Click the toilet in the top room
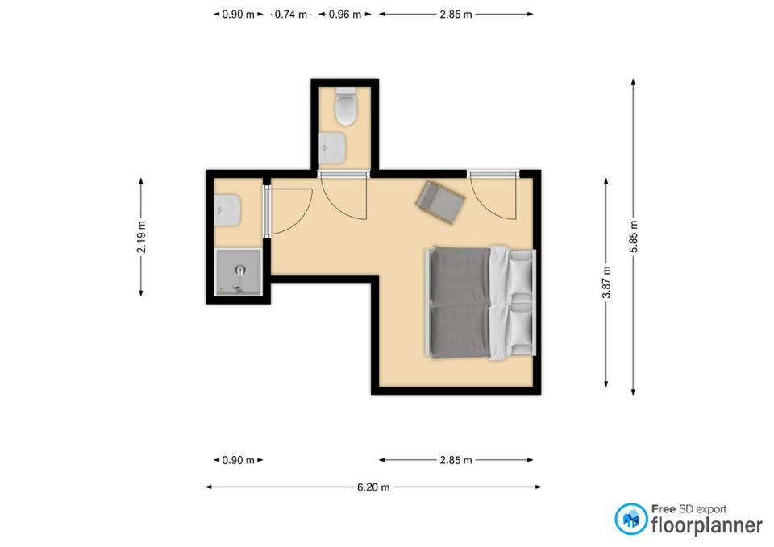click(346, 106)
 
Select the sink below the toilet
click(333, 148)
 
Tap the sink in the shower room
click(227, 210)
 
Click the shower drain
click(240, 270)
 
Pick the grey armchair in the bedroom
click(440, 202)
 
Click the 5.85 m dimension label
click(634, 237)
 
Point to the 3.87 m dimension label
click(606, 283)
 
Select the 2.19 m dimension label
click(142, 237)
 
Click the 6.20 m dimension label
click(373, 487)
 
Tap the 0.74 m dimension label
click(291, 15)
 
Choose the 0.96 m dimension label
click(345, 15)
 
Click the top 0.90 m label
click(239, 15)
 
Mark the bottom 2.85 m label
click(456, 460)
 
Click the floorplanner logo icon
click(631, 519)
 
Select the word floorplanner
click(707, 524)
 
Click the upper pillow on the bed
click(521, 272)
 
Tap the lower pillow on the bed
click(521, 328)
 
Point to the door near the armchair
click(493, 195)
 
